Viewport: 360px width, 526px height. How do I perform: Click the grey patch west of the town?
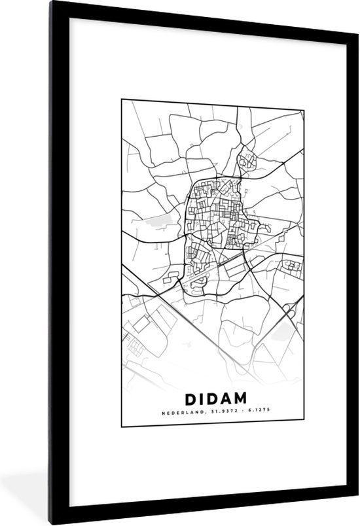point(162,221)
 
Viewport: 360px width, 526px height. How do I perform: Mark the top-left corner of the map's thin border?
point(122,99)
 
